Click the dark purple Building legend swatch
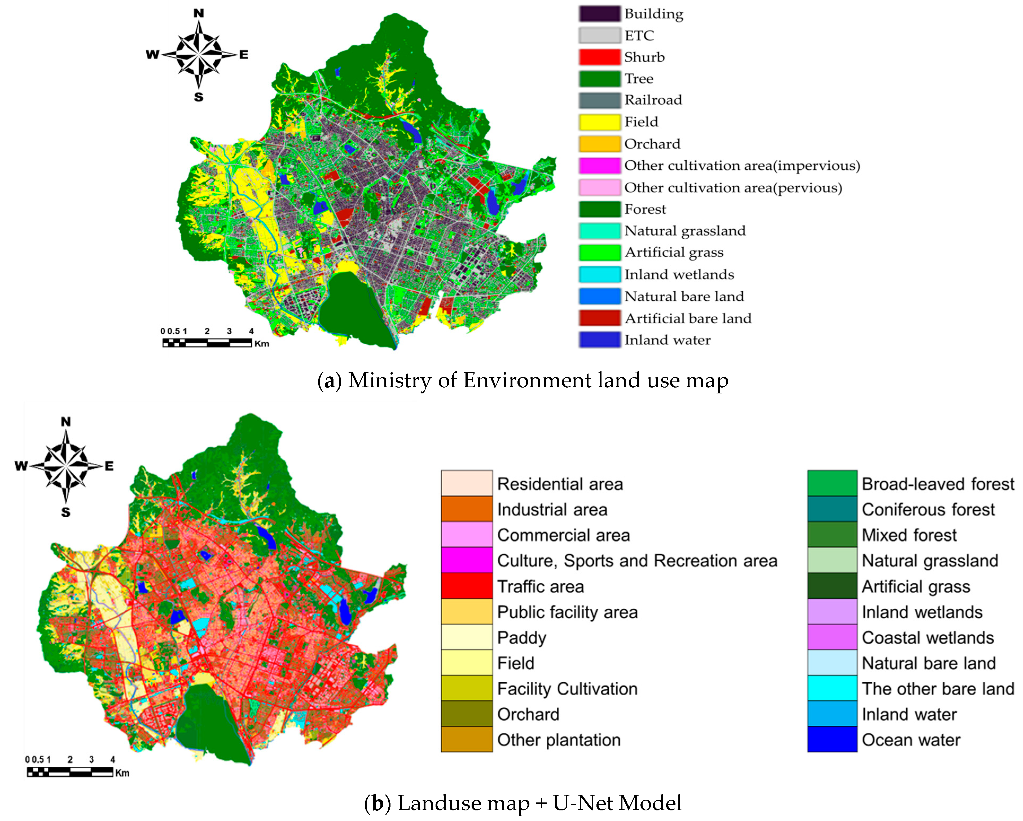[599, 14]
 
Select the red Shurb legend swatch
[599, 57]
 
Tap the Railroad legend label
[653, 100]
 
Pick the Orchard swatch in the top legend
[599, 144]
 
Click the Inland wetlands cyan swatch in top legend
[599, 274]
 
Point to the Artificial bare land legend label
[688, 318]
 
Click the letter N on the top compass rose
[198, 13]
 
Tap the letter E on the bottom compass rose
[109, 466]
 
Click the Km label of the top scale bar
[261, 344]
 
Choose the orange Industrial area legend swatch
[466, 509]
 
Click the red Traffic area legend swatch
[466, 586]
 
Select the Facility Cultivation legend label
[567, 689]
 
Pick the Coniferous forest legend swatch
[832, 509]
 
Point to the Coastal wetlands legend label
[928, 637]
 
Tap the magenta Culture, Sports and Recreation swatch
[466, 560]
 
